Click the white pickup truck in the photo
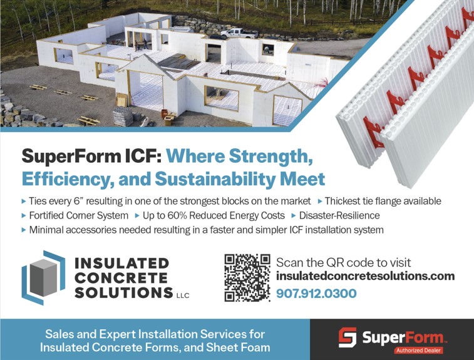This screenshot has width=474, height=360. click(239, 33)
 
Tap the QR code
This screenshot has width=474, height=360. click(247, 277)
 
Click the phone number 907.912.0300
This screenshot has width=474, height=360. click(316, 294)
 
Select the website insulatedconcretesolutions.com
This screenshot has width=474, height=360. click(366, 276)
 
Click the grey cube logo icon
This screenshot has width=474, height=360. click(43, 277)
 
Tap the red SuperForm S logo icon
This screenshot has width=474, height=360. click(348, 337)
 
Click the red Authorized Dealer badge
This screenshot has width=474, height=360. click(418, 351)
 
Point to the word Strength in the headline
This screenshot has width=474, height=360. click(270, 157)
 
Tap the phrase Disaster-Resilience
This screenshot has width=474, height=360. click(339, 215)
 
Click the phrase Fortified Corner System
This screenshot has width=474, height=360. click(79, 216)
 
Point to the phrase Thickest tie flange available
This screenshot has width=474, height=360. click(383, 201)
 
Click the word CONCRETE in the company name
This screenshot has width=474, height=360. click(121, 278)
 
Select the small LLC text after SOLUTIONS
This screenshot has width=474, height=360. click(183, 296)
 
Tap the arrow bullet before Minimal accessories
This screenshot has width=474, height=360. click(24, 230)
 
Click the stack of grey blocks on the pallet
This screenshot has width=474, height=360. click(123, 116)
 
